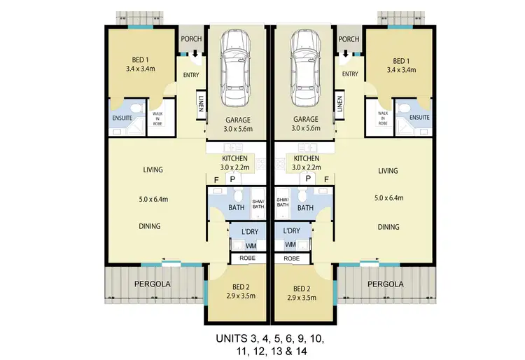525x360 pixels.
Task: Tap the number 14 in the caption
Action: pos(301,352)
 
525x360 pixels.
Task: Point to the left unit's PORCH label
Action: pos(191,39)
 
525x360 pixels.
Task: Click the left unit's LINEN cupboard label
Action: pos(200,104)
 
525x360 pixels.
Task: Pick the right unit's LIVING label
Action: pos(387,171)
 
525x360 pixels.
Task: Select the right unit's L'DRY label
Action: pos(292,231)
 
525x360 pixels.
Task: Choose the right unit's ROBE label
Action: pos(292,258)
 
